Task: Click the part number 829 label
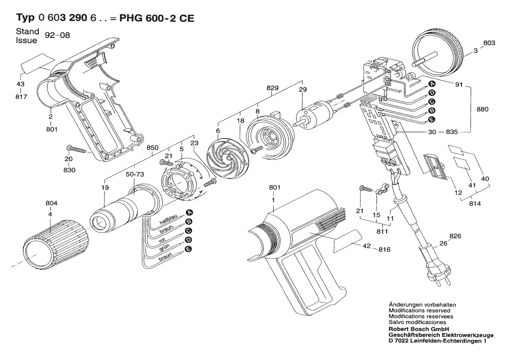tap(273, 88)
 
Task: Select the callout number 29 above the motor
tap(303, 89)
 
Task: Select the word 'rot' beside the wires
tap(162, 241)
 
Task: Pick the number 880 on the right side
tap(482, 109)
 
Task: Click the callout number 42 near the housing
tap(367, 246)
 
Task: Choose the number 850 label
tap(152, 147)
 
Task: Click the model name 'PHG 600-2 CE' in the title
tap(157, 18)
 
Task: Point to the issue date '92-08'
tap(57, 35)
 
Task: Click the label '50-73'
tap(135, 174)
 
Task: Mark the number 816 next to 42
tap(384, 250)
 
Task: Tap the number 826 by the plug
tap(455, 236)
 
